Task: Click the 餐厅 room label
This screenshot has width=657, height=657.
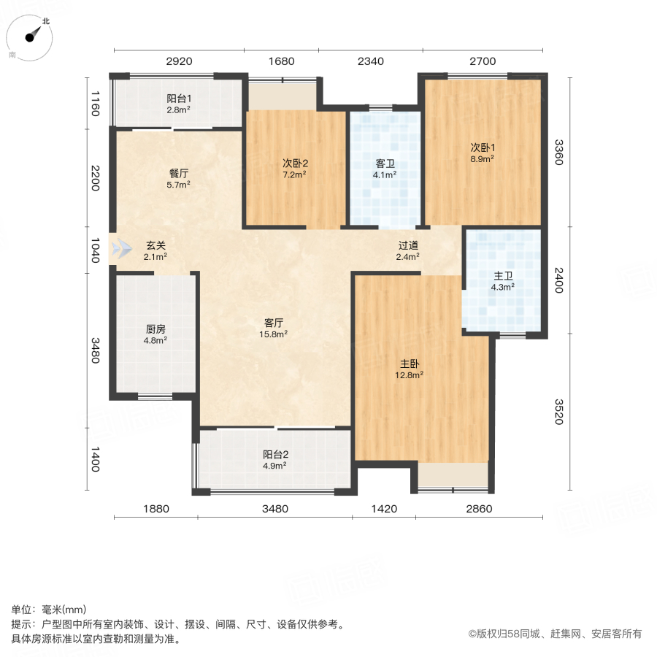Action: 179,173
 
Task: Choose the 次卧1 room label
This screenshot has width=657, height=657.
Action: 482,146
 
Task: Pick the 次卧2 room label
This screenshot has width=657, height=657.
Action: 294,162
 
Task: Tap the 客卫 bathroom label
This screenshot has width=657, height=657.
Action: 385,164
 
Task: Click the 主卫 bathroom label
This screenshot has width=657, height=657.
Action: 503,275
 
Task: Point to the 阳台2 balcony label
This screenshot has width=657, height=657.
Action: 274,453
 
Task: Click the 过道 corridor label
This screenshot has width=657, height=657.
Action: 407,245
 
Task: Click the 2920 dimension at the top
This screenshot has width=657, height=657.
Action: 178,61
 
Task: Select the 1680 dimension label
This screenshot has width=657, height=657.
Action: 281,61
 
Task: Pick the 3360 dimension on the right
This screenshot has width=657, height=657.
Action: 558,152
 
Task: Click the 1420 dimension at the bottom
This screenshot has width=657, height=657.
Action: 384,508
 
